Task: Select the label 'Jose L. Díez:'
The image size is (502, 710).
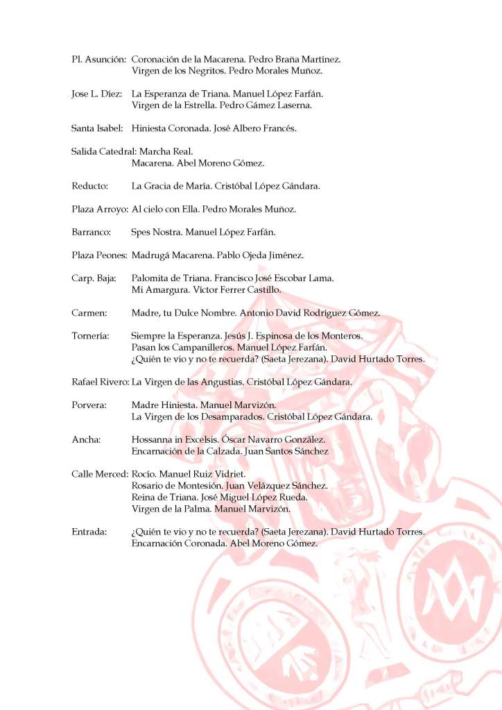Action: point(97,94)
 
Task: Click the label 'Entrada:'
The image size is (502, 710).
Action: point(89,532)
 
